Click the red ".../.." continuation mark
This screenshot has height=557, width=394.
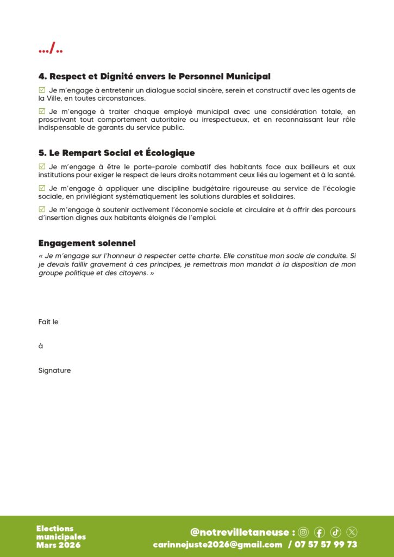pos(51,50)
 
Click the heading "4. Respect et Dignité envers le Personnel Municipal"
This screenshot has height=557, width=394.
pos(154,77)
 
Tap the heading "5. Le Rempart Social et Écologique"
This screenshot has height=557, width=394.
pos(116,153)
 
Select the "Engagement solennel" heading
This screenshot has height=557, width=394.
pos(87,243)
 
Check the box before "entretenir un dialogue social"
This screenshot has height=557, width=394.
pos(42,90)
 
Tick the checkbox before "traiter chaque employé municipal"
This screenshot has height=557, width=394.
pos(42,111)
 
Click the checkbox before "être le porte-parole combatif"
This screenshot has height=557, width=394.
pos(42,166)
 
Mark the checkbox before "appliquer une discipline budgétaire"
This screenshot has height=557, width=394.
pos(42,188)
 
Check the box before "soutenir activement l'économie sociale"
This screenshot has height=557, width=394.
pos(42,209)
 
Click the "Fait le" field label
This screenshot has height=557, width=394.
pos(48,322)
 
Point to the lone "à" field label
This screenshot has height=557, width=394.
pos(41,346)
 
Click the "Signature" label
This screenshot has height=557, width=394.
pos(54,370)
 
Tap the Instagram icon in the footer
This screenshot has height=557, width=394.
pos(303,532)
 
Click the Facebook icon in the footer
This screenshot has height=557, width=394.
pos(320,532)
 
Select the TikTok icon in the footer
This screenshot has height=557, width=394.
pos(336,532)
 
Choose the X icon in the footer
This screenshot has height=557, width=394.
pos(352,532)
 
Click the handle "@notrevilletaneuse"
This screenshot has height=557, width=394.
pos(240,532)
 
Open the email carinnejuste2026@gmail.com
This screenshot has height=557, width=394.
pos(217,544)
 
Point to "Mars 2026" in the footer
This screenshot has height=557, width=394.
pos(58,545)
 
